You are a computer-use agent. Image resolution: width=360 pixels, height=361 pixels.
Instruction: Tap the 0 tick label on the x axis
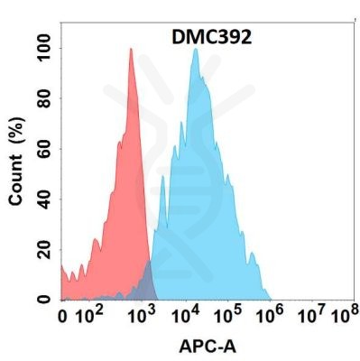pos(62,317)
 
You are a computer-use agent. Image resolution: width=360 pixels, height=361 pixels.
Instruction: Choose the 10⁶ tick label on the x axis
pos(272,316)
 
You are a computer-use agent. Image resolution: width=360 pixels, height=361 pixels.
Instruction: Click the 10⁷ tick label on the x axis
pos(312,316)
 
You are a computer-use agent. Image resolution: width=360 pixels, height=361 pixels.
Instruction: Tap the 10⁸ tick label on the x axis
pos(342,316)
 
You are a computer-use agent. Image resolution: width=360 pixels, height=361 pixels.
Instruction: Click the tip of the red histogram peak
pos(131,49)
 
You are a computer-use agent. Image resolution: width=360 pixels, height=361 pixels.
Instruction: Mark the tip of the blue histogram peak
pos(195,49)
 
